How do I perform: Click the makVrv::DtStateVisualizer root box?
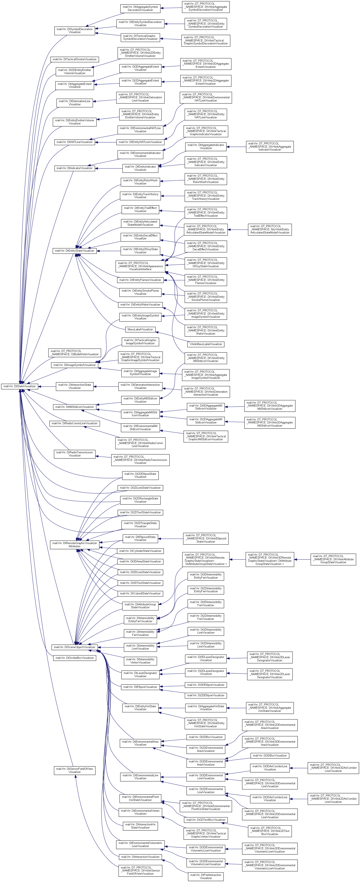tap(20, 386)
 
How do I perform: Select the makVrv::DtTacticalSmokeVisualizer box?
tap(75, 59)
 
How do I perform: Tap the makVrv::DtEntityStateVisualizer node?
tap(74, 251)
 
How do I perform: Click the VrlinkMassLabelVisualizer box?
tap(206, 344)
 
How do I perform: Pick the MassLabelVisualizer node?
tap(140, 329)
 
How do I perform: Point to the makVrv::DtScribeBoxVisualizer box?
tap(74, 658)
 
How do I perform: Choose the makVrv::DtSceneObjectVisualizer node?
tap(74, 647)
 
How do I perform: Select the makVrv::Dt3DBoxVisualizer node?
tap(270, 755)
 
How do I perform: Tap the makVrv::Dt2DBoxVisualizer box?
tap(206, 737)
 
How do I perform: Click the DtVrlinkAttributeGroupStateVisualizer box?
tap(333, 559)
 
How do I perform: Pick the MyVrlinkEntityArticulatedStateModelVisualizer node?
tap(270, 230)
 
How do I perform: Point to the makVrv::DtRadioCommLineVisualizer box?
tap(74, 423)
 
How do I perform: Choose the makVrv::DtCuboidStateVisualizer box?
tap(140, 593)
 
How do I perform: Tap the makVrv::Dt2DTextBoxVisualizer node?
tap(206, 820)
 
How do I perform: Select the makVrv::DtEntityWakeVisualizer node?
tap(140, 304)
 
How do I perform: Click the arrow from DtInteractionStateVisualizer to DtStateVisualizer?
tap(47, 386)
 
